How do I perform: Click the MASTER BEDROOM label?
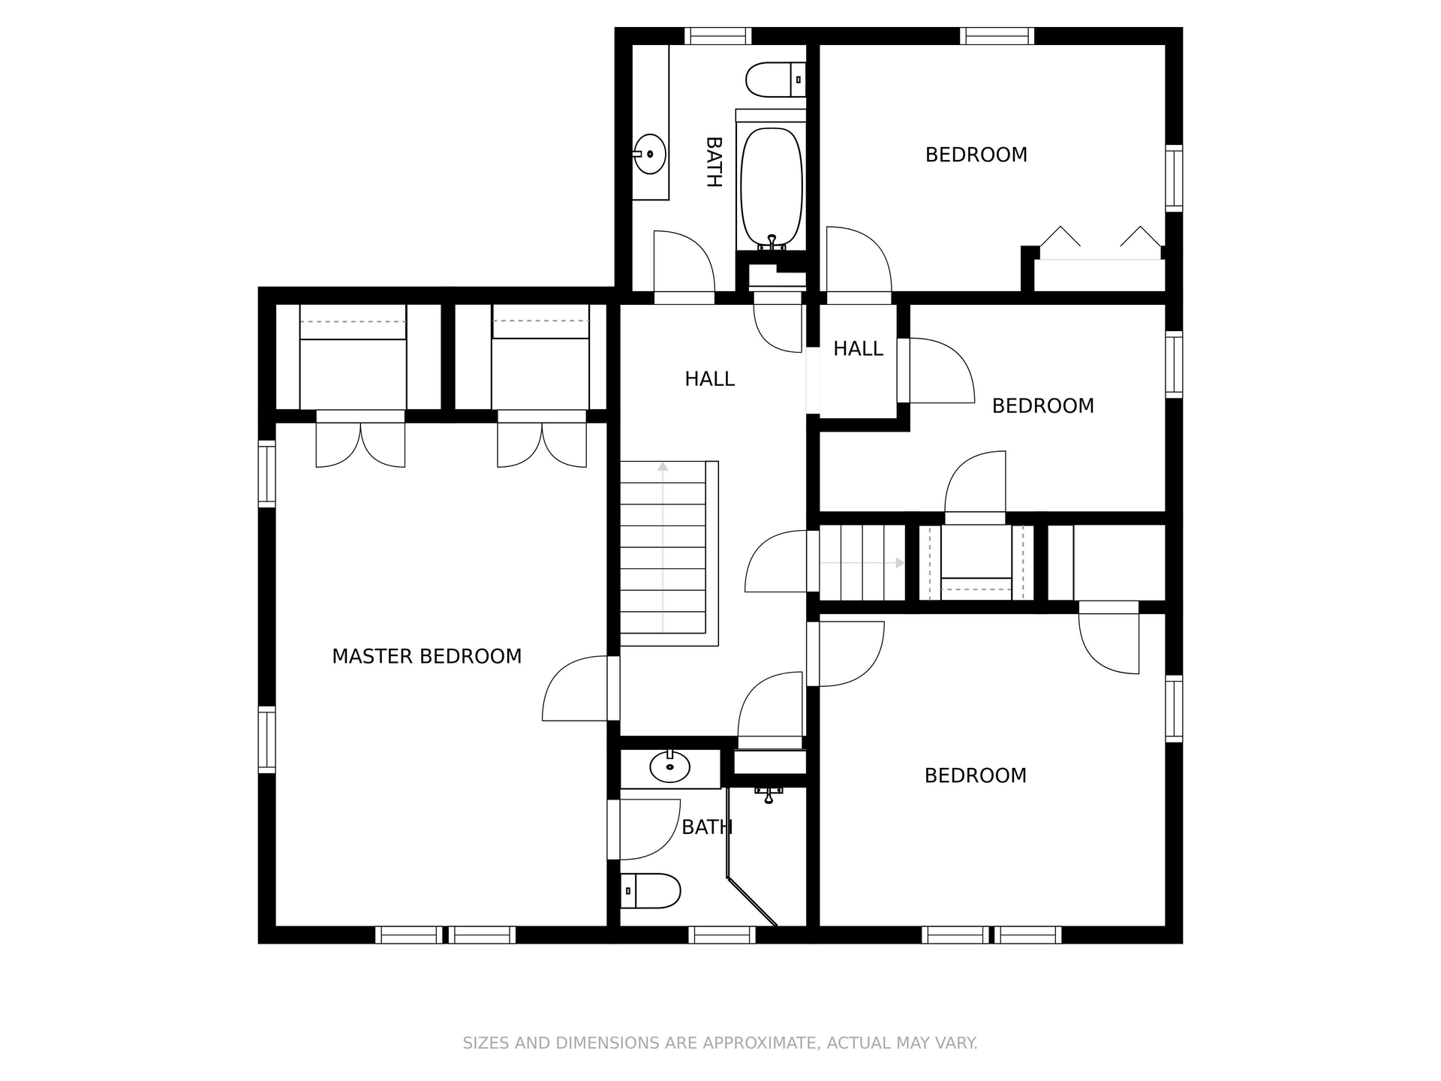pos(426,656)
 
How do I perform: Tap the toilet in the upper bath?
pos(773,80)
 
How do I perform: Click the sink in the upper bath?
pos(650,154)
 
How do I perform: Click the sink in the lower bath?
pos(669,767)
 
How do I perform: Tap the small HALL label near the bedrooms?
pos(858,348)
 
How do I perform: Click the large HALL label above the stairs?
pos(709,379)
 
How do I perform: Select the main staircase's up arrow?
pos(663,468)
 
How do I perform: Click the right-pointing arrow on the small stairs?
pos(900,562)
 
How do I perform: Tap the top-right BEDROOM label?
pos(976,155)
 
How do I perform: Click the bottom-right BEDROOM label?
pos(975,775)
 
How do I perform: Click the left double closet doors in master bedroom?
pos(360,444)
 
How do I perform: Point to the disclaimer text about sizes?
pos(720,1043)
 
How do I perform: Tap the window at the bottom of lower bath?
pos(721,935)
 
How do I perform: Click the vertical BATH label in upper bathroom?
pos(714,161)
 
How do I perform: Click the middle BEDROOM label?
pos(1042,406)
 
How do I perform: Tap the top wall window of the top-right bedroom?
pos(996,35)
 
